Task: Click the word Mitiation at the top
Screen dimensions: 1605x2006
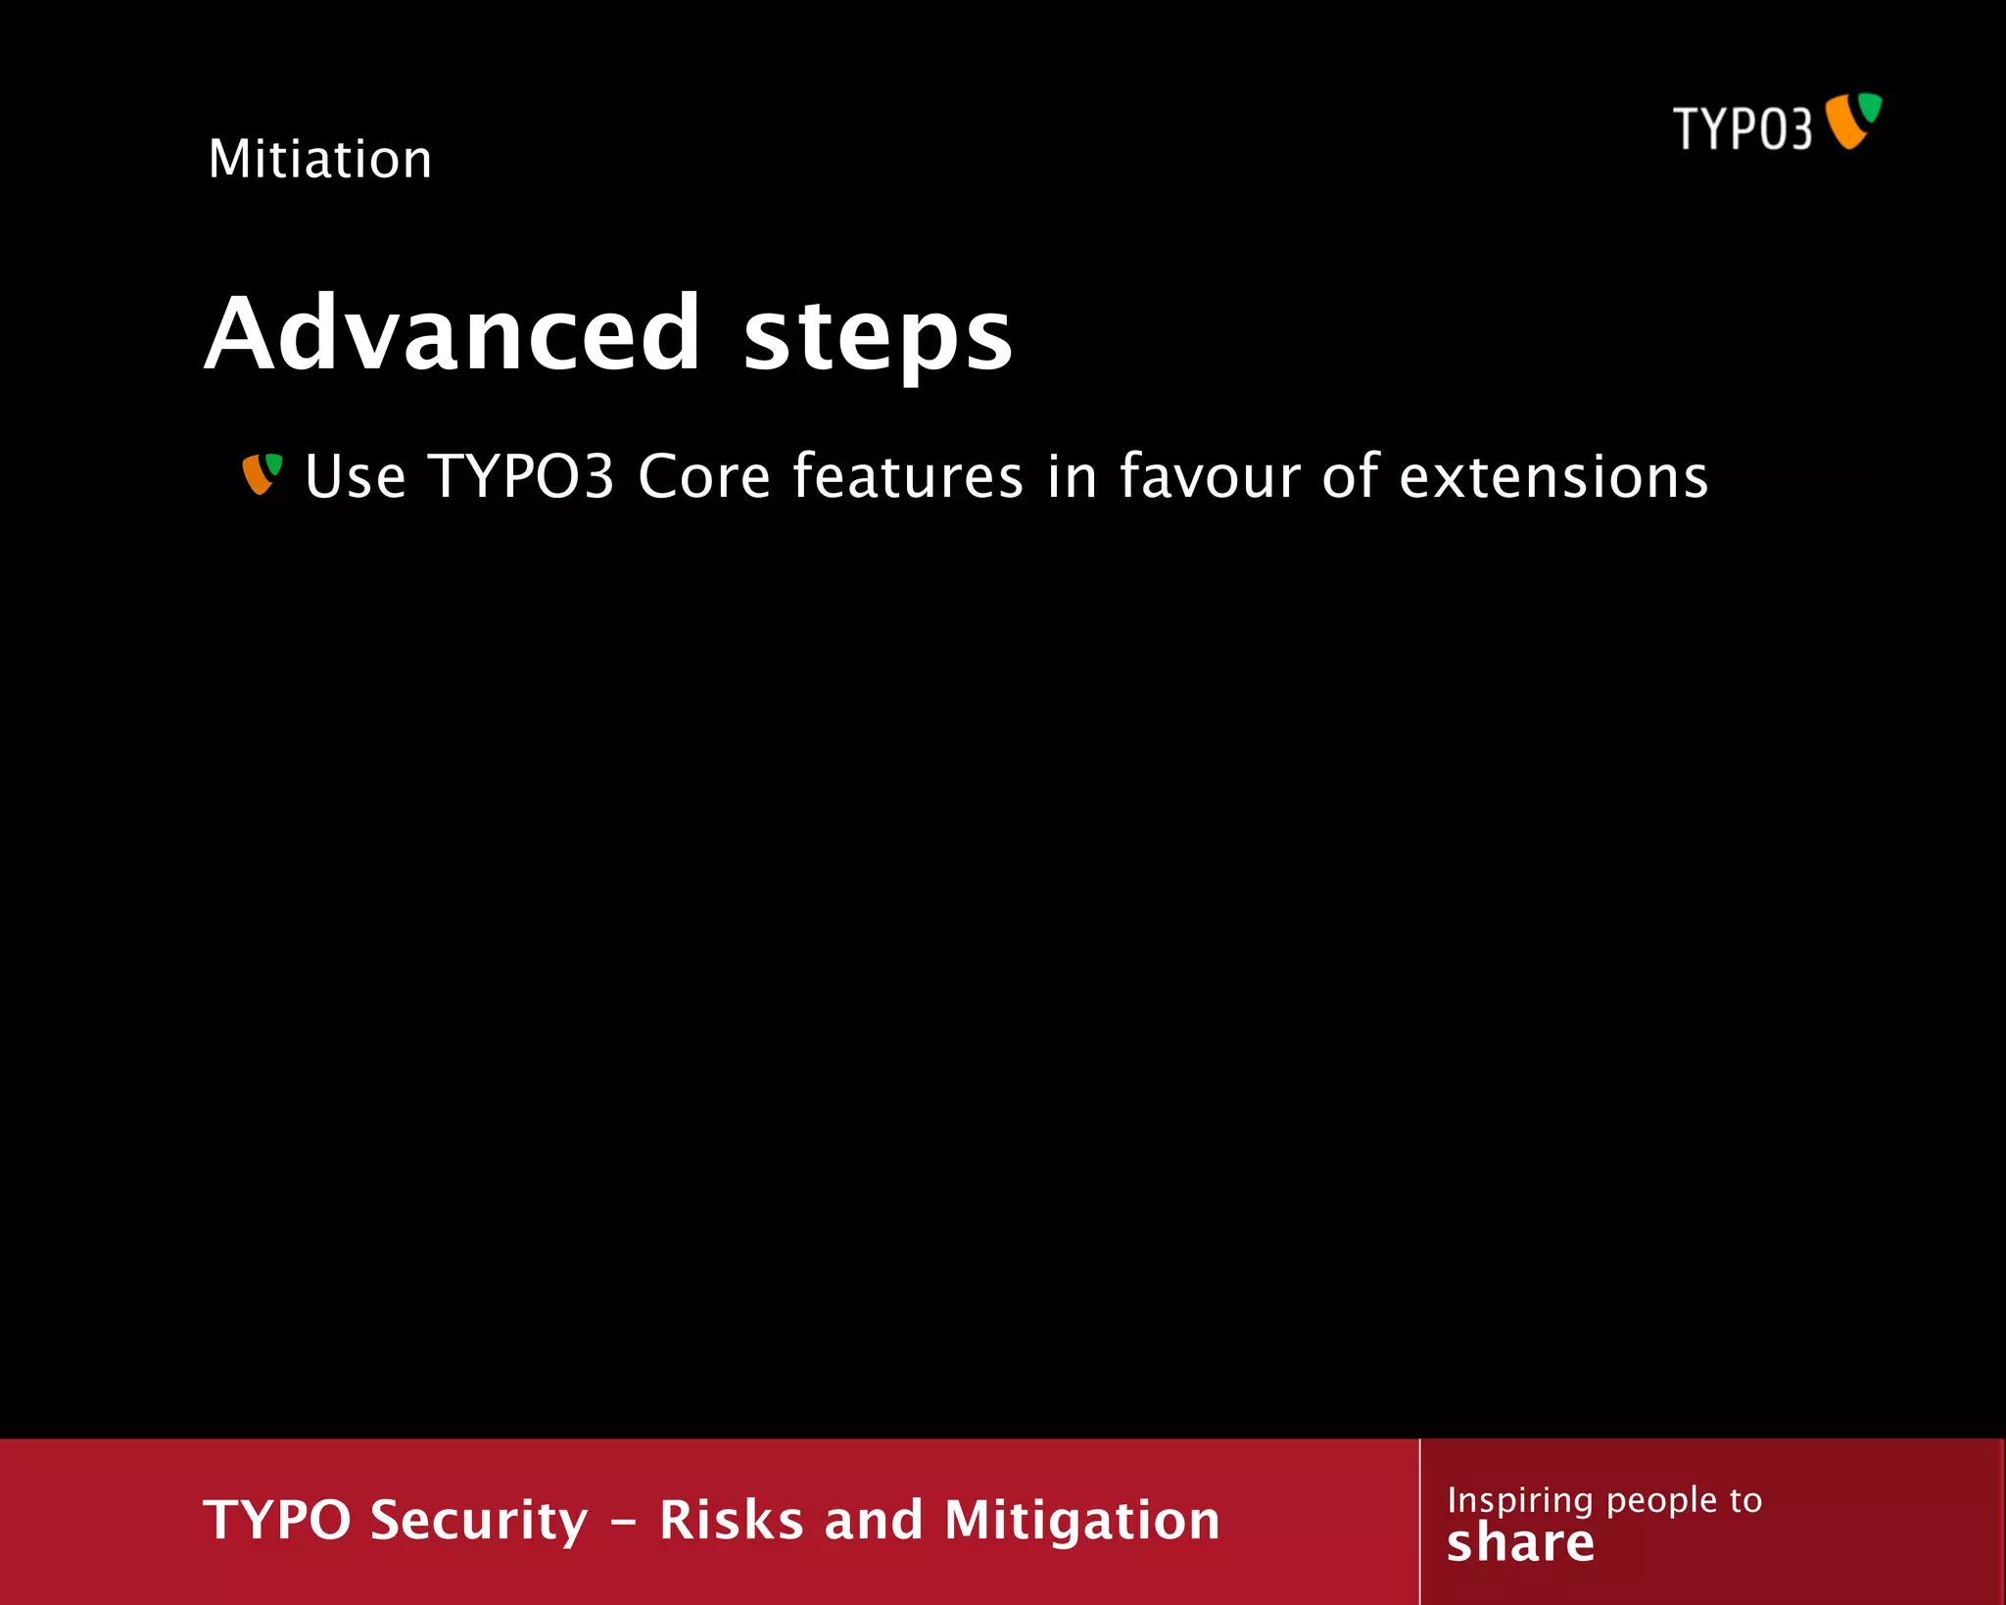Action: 320,159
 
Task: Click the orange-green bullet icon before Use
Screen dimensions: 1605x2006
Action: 262,474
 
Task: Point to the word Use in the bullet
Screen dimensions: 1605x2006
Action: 355,477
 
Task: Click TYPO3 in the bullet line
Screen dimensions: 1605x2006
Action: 521,477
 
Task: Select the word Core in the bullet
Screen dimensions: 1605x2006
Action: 704,477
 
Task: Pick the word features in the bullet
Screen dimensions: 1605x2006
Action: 908,477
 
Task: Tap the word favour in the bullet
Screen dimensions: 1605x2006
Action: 1209,477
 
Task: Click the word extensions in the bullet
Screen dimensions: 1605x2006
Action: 1553,477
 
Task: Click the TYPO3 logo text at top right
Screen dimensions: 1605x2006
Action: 1743,128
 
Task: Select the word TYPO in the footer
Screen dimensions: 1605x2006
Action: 277,1520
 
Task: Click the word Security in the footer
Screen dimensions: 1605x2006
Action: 480,1522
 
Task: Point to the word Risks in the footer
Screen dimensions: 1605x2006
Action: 731,1520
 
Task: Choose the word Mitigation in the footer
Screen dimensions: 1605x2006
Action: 1082,1522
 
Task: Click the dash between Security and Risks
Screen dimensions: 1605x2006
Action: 624,1524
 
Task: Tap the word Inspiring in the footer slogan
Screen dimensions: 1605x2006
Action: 1520,1501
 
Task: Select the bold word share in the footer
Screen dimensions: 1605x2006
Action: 1520,1543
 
